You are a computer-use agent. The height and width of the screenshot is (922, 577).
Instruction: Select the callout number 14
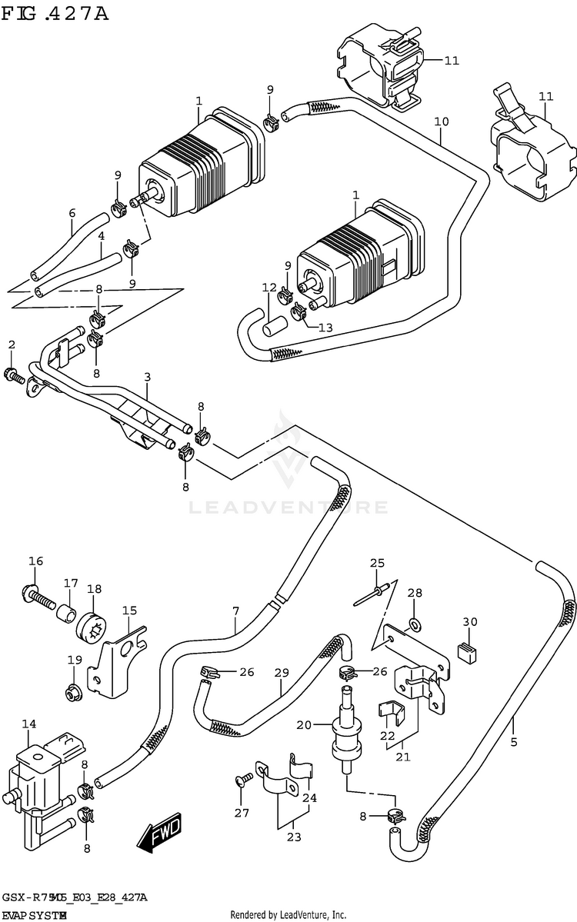coord(28,724)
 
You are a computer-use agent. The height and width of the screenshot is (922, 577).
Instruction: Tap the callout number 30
coord(470,621)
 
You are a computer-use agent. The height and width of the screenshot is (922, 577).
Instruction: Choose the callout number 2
coord(12,345)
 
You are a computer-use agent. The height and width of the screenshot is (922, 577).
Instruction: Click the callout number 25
coord(376,563)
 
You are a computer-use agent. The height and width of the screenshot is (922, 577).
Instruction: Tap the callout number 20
coord(304,725)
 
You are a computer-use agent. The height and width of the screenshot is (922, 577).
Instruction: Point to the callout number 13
coord(325,328)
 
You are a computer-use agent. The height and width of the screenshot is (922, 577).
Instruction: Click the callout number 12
coord(268,288)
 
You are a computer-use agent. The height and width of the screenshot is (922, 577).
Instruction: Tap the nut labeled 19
coord(75,692)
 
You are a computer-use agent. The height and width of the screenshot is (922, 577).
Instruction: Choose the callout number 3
coord(147,377)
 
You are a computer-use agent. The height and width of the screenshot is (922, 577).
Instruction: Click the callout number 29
coord(282,672)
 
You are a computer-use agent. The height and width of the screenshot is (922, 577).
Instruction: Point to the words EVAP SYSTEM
coord(34,915)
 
